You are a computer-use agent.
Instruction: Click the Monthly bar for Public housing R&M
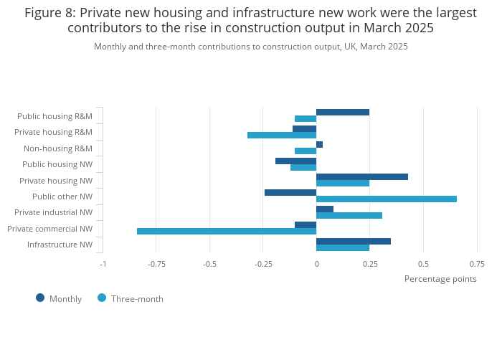click(343, 112)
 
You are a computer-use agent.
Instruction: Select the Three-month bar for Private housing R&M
click(282, 135)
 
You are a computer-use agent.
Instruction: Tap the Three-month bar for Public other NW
click(387, 199)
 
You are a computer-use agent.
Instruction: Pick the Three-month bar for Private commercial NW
click(227, 231)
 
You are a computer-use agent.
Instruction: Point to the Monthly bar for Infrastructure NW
click(354, 241)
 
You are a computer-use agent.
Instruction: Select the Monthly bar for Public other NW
click(290, 192)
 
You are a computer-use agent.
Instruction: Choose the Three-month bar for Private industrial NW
click(349, 215)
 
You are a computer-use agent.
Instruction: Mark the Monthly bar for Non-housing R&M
click(320, 144)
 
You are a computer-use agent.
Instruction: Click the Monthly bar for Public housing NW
click(296, 161)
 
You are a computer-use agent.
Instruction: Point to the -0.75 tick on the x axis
click(156, 264)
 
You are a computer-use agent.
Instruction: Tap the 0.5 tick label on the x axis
click(423, 264)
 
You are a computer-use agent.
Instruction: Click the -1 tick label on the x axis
click(103, 264)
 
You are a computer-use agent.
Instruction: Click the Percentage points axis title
click(440, 279)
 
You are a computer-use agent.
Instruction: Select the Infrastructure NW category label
click(60, 245)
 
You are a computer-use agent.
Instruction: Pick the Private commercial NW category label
click(49, 229)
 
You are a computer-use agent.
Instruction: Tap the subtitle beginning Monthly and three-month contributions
click(251, 47)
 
